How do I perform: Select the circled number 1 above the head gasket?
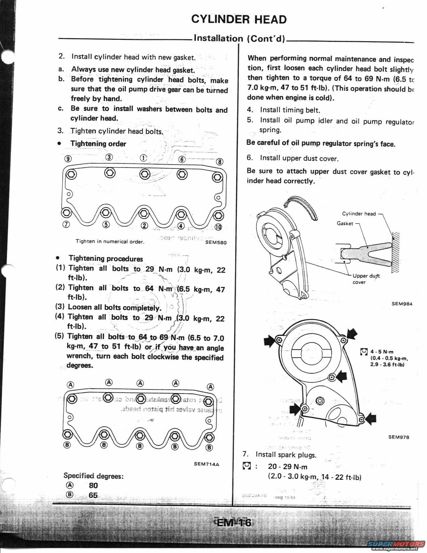point(143,158)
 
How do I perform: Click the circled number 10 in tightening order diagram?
point(218,227)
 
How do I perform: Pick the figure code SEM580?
point(215,243)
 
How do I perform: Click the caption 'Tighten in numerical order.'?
point(110,241)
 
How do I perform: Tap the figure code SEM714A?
point(206,464)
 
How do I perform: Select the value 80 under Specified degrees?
point(93,485)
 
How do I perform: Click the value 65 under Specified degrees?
point(93,495)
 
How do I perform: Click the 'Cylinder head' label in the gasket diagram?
point(359,214)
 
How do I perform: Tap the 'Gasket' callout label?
point(345,224)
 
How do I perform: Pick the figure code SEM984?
point(402,304)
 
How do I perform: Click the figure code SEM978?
point(399,437)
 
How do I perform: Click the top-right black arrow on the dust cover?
point(352,334)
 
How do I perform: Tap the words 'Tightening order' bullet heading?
point(98,144)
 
